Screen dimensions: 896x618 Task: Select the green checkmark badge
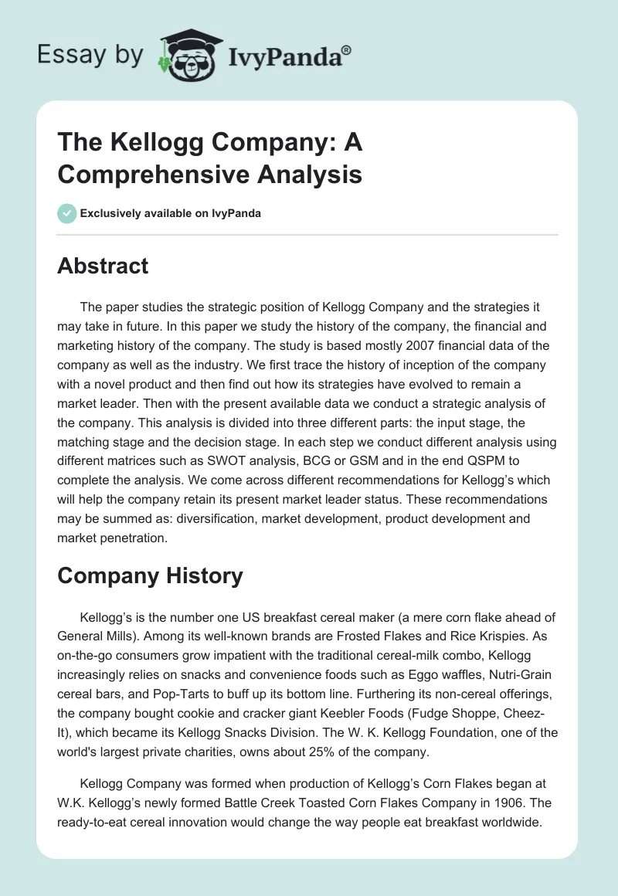[67, 213]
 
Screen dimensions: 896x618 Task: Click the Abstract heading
[103, 266]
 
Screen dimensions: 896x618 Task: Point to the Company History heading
[150, 575]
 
